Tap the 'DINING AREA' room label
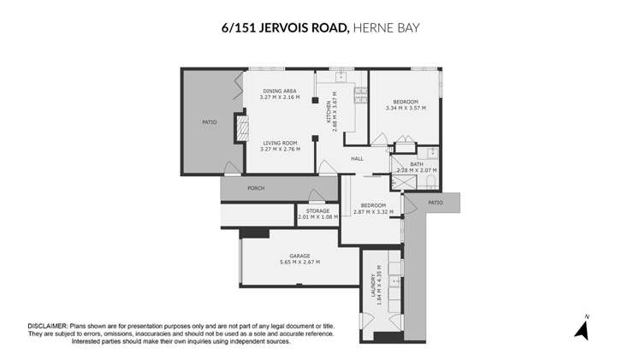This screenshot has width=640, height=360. [279, 91]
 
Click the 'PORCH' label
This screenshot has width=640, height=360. [256, 188]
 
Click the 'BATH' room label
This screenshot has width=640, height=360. [416, 164]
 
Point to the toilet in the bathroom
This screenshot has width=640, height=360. [432, 153]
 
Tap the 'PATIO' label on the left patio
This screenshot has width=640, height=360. [209, 122]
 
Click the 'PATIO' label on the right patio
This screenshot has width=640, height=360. [436, 203]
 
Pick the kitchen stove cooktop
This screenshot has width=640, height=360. [360, 97]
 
